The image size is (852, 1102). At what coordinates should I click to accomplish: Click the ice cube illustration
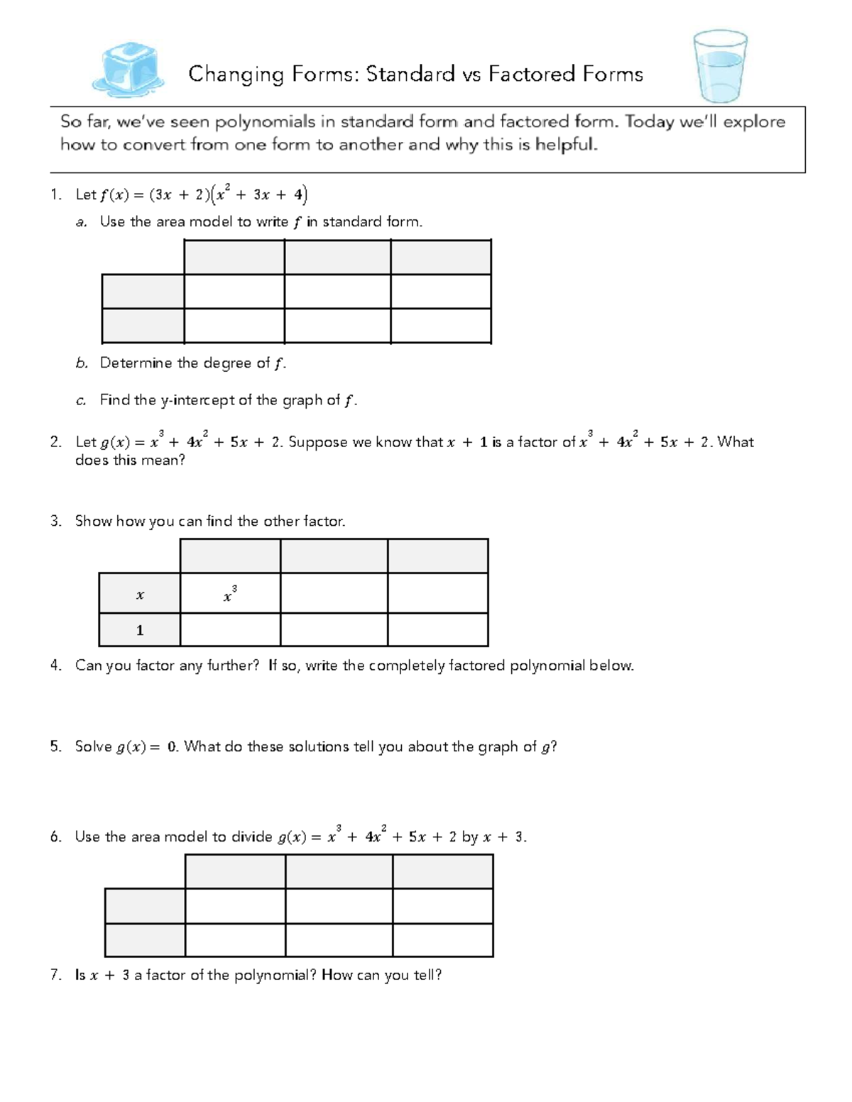point(129,70)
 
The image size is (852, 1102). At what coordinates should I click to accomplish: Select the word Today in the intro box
point(649,121)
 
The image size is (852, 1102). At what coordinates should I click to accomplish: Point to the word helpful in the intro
point(566,145)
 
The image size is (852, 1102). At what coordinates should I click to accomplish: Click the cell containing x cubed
point(230,593)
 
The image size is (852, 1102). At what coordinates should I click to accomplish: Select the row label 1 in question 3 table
point(140,630)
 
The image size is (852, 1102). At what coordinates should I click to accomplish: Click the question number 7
point(55,975)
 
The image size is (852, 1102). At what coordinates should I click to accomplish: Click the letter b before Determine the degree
point(82,363)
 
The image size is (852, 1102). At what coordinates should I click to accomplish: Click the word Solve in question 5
point(94,746)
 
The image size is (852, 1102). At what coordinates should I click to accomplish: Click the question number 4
point(55,666)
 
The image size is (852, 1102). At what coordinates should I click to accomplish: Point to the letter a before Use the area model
point(82,222)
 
